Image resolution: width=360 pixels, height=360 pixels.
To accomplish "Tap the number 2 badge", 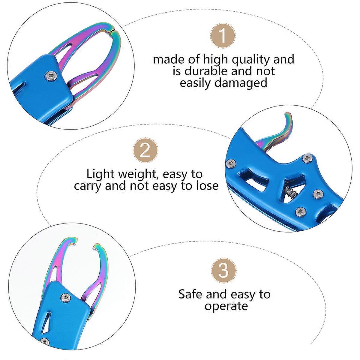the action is pyautogui.click(x=145, y=150).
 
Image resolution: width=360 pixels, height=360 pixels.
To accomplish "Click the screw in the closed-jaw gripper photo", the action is pyautogui.click(x=51, y=76).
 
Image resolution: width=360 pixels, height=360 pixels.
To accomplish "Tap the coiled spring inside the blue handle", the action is pyautogui.click(x=290, y=192).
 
